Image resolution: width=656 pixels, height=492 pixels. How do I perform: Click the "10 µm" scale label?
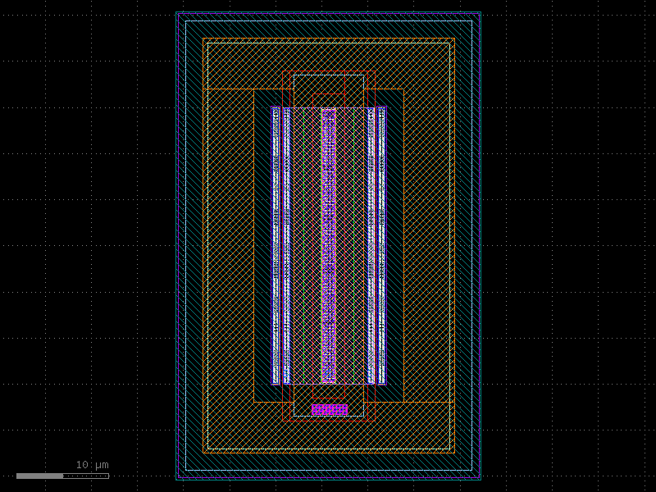click(x=92, y=465)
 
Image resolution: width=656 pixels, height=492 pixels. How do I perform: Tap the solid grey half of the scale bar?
click(x=39, y=476)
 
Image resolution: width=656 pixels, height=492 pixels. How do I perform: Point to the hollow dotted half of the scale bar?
click(x=85, y=476)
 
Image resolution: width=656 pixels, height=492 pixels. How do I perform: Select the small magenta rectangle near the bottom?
click(x=329, y=409)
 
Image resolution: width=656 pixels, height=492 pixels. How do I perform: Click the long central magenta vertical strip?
click(x=329, y=246)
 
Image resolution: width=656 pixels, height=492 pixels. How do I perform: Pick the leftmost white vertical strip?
click(x=276, y=246)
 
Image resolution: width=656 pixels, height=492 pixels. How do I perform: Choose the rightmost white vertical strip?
click(x=381, y=246)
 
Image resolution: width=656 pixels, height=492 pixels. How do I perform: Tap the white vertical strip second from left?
click(x=286, y=246)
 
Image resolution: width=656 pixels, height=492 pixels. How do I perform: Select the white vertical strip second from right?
click(x=371, y=246)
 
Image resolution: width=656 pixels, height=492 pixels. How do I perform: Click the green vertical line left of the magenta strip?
click(x=304, y=246)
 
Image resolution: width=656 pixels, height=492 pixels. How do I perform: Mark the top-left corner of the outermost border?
click(x=177, y=12)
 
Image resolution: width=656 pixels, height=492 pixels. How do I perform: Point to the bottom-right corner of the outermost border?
click(x=480, y=479)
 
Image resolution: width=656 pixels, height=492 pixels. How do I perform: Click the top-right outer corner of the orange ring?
click(x=454, y=39)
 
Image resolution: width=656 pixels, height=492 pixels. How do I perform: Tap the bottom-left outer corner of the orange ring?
click(x=203, y=453)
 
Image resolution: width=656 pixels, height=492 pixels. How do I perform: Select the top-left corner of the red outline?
click(x=283, y=71)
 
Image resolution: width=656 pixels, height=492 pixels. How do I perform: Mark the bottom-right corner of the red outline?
click(x=375, y=420)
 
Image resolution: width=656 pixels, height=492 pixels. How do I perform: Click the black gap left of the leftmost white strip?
click(x=262, y=246)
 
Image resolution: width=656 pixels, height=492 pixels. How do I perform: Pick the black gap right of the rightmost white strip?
click(x=394, y=246)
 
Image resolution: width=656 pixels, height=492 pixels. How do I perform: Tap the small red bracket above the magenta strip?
click(x=329, y=95)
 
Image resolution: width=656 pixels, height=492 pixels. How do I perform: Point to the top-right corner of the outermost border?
click(x=480, y=12)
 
